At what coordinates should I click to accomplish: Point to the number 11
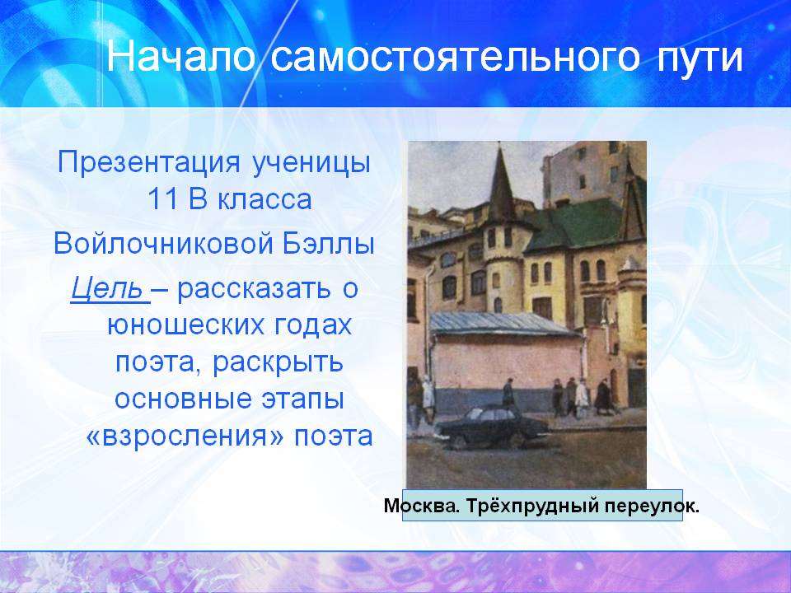click(162, 199)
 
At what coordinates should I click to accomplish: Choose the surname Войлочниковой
click(164, 244)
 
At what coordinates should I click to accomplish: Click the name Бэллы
click(329, 244)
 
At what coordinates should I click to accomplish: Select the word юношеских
click(187, 326)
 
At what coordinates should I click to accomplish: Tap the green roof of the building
click(575, 223)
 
